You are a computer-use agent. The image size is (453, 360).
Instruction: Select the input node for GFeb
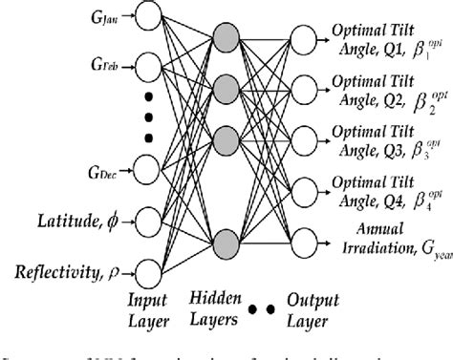(x=149, y=67)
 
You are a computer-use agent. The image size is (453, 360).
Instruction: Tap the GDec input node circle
(x=149, y=169)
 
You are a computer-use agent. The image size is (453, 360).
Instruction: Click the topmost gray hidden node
(x=226, y=39)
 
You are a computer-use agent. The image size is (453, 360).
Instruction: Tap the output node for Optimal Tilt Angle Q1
(x=304, y=39)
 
